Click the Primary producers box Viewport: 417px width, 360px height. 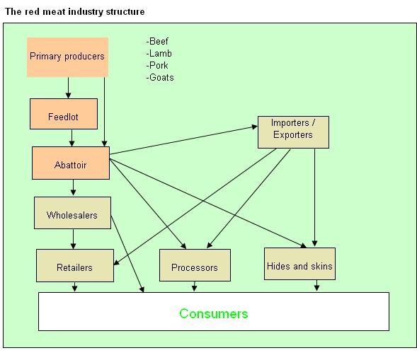[x=67, y=57]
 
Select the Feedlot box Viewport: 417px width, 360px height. [x=64, y=114]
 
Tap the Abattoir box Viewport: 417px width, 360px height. [x=71, y=163]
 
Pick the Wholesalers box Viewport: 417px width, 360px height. [x=73, y=213]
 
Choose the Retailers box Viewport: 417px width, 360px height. [x=75, y=265]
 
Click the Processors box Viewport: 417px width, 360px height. [x=195, y=265]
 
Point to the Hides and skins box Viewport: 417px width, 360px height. [x=299, y=264]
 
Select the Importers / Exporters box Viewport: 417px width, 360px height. [x=293, y=132]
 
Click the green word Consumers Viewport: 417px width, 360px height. [x=214, y=313]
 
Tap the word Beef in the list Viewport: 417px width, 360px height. [x=159, y=41]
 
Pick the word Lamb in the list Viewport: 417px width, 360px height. [x=161, y=54]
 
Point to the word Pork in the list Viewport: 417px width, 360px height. [x=159, y=65]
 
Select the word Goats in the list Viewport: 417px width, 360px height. [x=161, y=77]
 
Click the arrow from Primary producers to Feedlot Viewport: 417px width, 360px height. [x=69, y=88]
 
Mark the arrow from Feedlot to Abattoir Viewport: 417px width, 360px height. [x=72, y=138]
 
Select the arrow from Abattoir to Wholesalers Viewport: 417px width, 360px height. [x=74, y=187]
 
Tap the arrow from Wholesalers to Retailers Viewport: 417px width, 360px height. [x=74, y=239]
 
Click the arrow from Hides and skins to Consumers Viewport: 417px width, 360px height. [x=316, y=286]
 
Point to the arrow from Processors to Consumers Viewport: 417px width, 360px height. [x=195, y=286]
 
